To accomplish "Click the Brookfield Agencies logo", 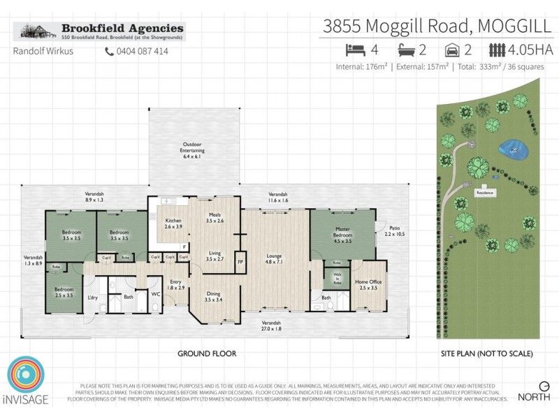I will click(100, 31).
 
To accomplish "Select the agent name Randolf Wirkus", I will click(43, 51).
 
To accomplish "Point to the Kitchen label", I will click(173, 223).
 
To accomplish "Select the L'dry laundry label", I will click(92, 297).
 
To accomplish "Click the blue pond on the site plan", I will click(514, 149).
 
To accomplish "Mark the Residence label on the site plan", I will click(486, 192).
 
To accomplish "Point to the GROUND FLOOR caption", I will click(207, 354).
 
